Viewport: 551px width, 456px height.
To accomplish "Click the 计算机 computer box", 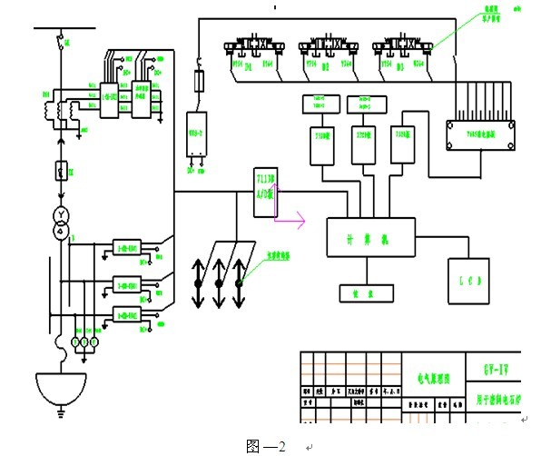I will point(370,238).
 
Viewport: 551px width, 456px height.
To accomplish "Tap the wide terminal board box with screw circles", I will point(481,134).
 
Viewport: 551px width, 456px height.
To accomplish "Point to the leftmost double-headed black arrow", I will point(197,283).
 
